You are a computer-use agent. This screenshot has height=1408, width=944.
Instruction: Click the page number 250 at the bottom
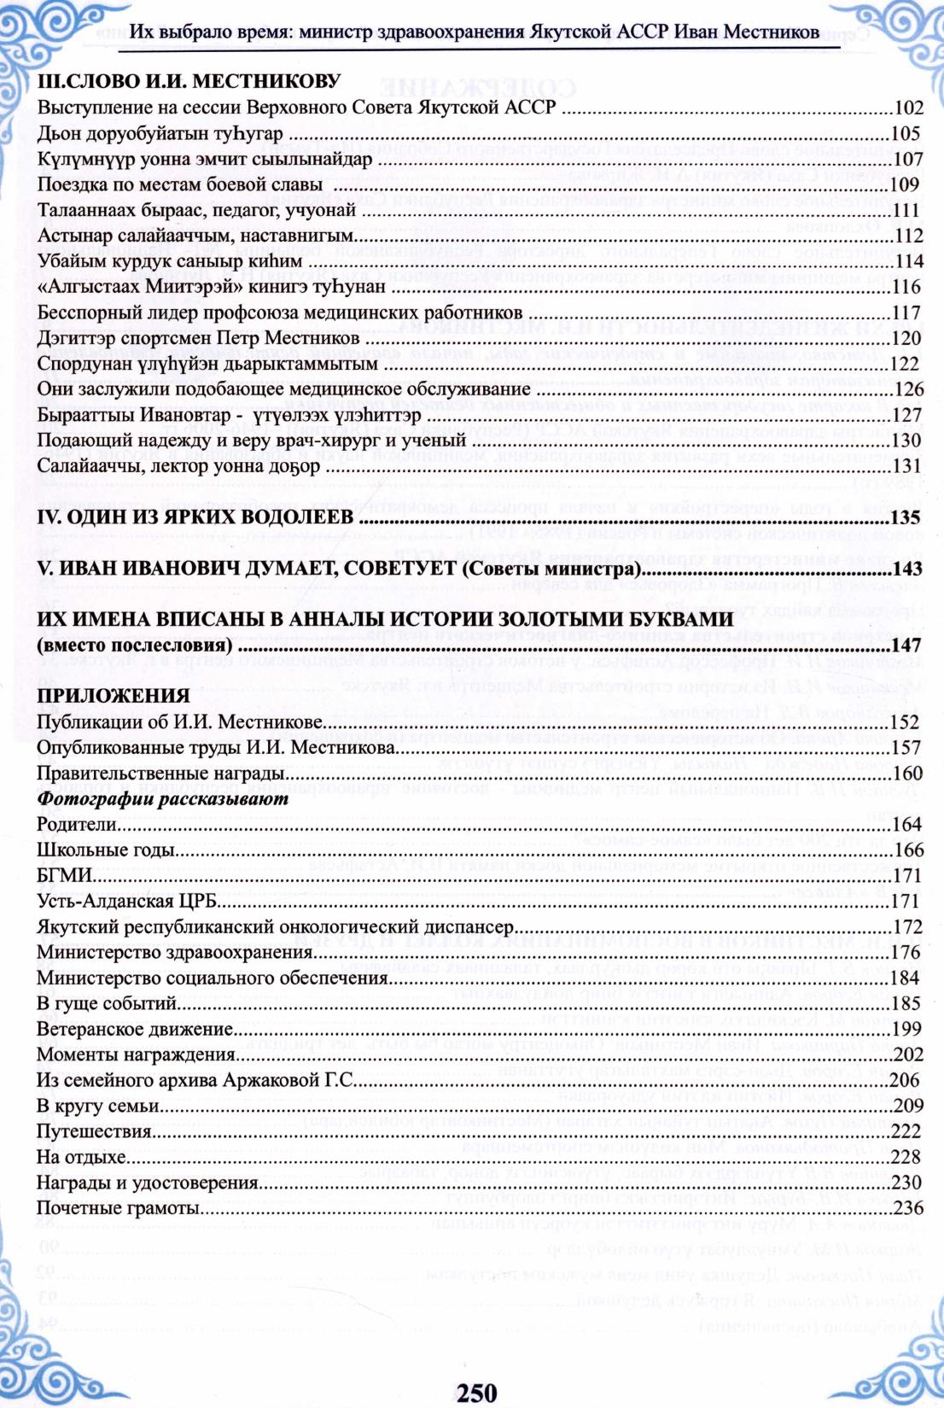[x=476, y=1392]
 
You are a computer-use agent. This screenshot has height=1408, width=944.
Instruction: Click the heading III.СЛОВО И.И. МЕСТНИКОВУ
[x=189, y=81]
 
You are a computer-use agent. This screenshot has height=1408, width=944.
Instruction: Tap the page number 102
[x=907, y=108]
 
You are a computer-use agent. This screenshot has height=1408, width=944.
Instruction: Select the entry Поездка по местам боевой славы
[x=179, y=184]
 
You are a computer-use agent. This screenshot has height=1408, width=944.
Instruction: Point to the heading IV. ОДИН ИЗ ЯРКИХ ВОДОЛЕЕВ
[x=195, y=517]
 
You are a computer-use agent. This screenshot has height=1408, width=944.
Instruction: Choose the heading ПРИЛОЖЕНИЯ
[x=113, y=696]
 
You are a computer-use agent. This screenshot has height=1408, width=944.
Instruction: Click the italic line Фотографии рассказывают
[x=162, y=798]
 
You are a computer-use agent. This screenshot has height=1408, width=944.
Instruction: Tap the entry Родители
[x=76, y=824]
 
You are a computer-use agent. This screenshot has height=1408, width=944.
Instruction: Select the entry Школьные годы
[x=106, y=850]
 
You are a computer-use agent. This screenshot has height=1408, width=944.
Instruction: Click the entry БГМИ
[x=65, y=875]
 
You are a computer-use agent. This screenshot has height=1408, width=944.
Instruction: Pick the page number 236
[x=907, y=1208]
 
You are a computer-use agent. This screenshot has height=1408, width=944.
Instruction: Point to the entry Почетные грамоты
[x=118, y=1208]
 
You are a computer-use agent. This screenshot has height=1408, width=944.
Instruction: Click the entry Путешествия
[x=94, y=1131]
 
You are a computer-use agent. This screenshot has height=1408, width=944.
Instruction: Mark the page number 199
[x=907, y=1029]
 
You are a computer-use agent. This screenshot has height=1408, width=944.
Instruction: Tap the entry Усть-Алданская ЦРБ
[x=127, y=901]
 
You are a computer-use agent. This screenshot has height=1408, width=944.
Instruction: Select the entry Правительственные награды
[x=160, y=773]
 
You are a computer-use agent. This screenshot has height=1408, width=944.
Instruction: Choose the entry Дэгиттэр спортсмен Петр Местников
[x=198, y=338]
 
